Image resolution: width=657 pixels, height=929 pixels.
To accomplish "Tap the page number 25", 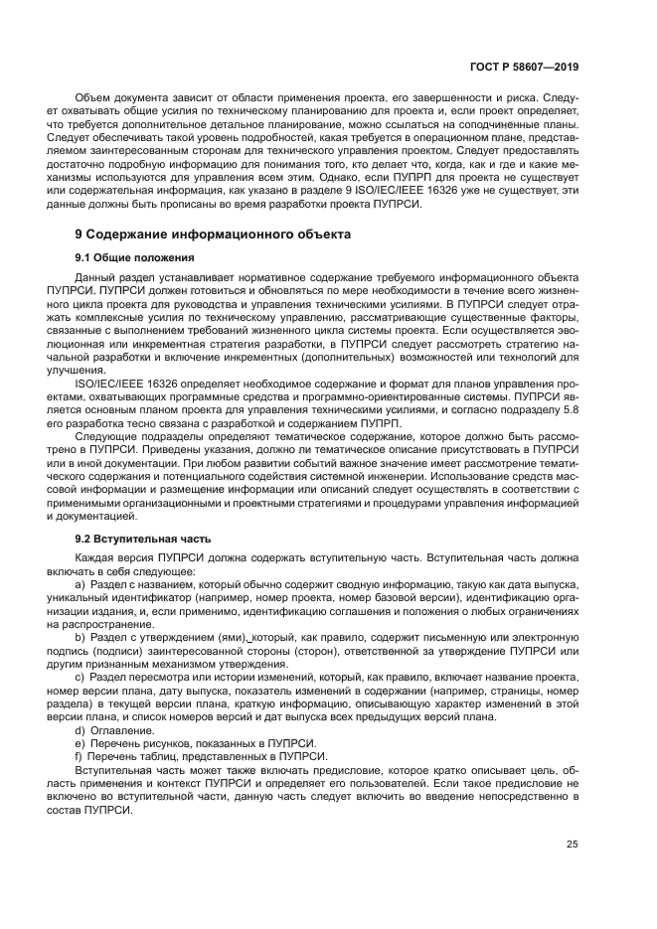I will [572, 845].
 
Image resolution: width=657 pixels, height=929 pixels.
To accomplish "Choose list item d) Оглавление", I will [126, 730].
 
